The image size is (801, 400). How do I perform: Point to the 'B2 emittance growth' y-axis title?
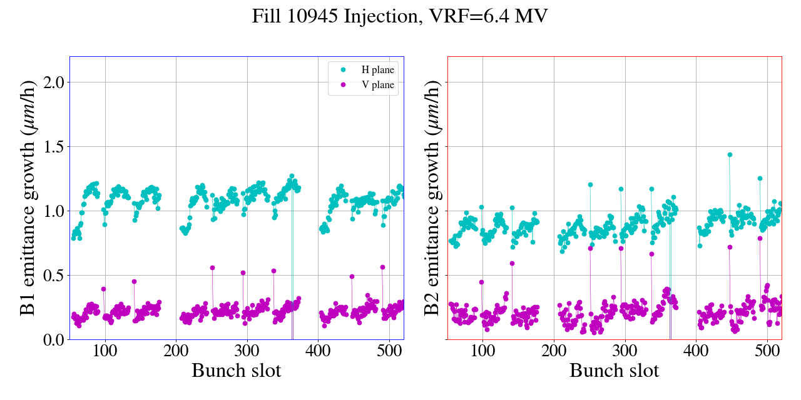click(432, 197)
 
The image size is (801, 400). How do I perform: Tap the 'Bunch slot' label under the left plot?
click(237, 371)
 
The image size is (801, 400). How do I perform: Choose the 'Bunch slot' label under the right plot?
click(615, 371)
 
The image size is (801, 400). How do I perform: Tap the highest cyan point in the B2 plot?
click(730, 154)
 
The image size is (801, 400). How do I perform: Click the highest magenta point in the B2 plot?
click(760, 238)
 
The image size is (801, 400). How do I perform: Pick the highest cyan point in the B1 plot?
click(292, 176)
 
